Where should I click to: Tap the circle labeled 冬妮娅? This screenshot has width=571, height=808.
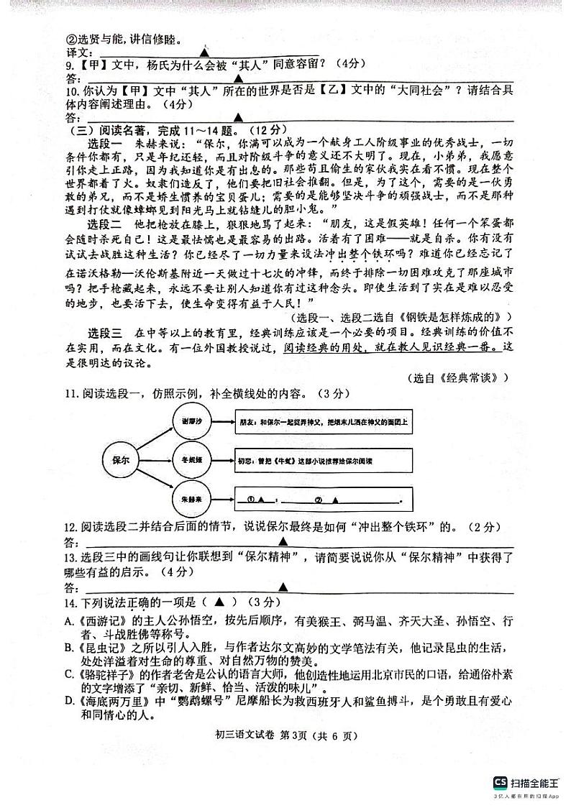click(191, 458)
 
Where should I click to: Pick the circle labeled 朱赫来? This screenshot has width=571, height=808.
click(191, 497)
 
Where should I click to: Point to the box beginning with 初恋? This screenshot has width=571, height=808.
click(324, 459)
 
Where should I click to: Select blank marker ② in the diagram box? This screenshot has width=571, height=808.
click(318, 498)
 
